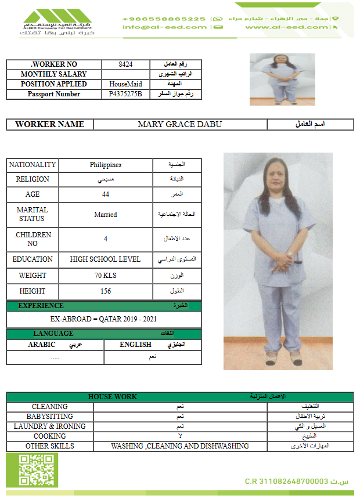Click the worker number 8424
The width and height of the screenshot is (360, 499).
point(125,64)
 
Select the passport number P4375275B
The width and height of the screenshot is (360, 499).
point(125,94)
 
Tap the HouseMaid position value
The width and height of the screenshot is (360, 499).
point(125,84)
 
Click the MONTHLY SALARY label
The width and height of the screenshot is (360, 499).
point(53,74)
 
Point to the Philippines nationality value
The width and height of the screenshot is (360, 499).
point(106,165)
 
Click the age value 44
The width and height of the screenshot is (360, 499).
point(106,194)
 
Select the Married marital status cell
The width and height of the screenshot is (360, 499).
point(106,215)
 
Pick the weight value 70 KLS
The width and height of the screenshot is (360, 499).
point(106,276)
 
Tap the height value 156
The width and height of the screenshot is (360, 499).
point(106,291)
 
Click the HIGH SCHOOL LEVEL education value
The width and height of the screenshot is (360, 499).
point(106,259)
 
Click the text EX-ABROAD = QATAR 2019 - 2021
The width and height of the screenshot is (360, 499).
point(103,319)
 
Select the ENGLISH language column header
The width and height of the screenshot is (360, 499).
point(135,345)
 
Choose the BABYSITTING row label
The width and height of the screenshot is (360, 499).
point(50,417)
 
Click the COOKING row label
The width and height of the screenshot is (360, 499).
point(50,436)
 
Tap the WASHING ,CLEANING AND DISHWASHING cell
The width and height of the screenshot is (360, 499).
point(180,446)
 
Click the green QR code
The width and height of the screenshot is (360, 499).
point(32,471)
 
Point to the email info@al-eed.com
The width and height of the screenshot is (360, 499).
point(164,27)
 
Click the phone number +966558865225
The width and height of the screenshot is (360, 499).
point(164,19)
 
